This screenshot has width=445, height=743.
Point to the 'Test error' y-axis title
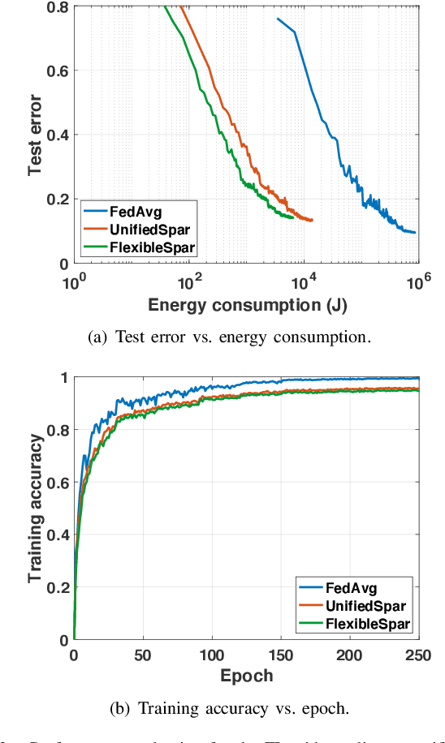[x=35, y=134]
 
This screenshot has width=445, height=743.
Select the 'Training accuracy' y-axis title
[x=35, y=509]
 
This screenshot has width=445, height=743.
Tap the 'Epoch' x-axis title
[x=246, y=676]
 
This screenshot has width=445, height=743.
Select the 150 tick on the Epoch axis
[x=280, y=655]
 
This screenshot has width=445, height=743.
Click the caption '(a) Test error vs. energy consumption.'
[x=228, y=337]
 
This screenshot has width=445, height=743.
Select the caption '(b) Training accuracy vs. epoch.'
[x=229, y=707]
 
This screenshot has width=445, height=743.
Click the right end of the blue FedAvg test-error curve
[x=415, y=233]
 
